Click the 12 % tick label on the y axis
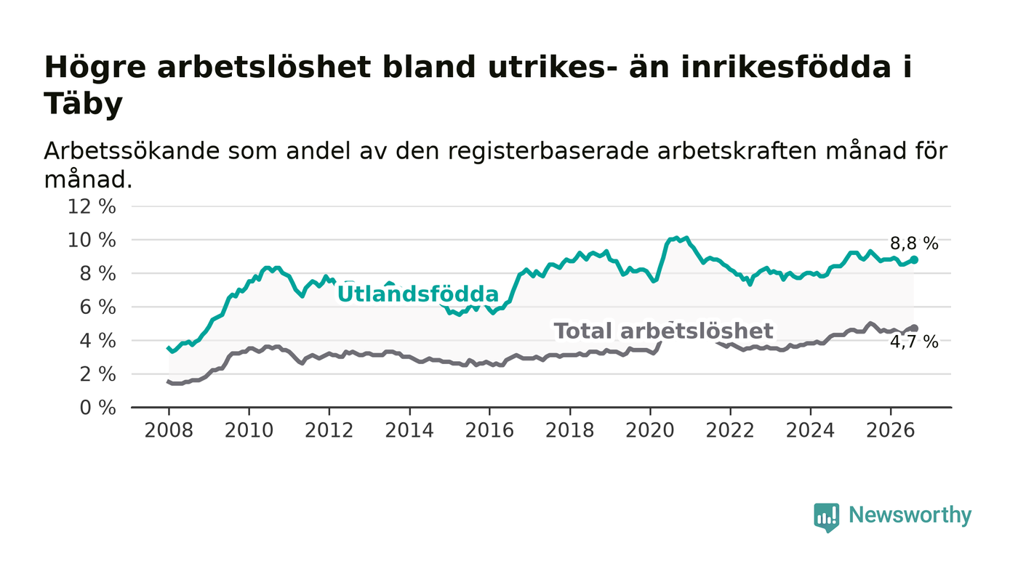click(x=92, y=206)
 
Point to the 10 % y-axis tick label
click(x=92, y=241)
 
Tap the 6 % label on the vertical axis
click(x=97, y=307)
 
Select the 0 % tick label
click(x=97, y=408)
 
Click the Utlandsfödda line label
click(x=418, y=294)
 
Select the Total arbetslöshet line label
click(x=663, y=331)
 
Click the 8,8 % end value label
click(x=914, y=244)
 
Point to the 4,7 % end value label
click(x=914, y=342)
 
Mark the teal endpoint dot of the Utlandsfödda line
click(x=914, y=260)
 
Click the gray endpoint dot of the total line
click(x=914, y=328)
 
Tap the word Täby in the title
click(x=83, y=104)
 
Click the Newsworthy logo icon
click(x=826, y=517)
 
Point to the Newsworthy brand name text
click(x=910, y=515)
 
